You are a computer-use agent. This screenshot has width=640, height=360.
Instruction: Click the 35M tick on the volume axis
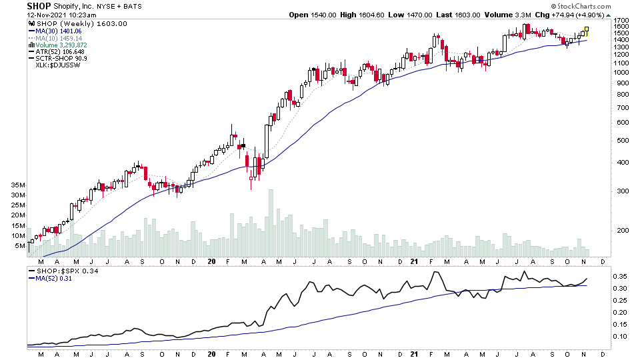[17, 185]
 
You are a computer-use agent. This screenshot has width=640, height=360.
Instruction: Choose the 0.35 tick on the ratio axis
[619, 276]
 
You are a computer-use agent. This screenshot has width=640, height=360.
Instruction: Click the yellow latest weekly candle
[587, 31]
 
